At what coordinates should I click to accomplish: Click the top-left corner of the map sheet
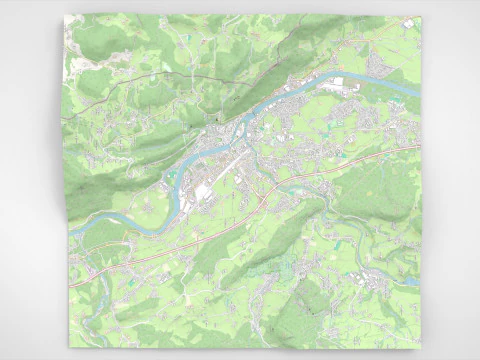65,16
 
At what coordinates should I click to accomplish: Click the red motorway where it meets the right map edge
420,147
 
